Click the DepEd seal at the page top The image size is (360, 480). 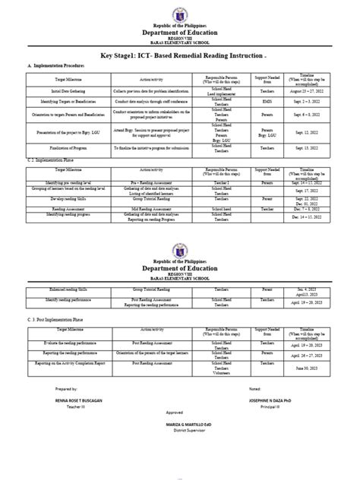tap(179, 14)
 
